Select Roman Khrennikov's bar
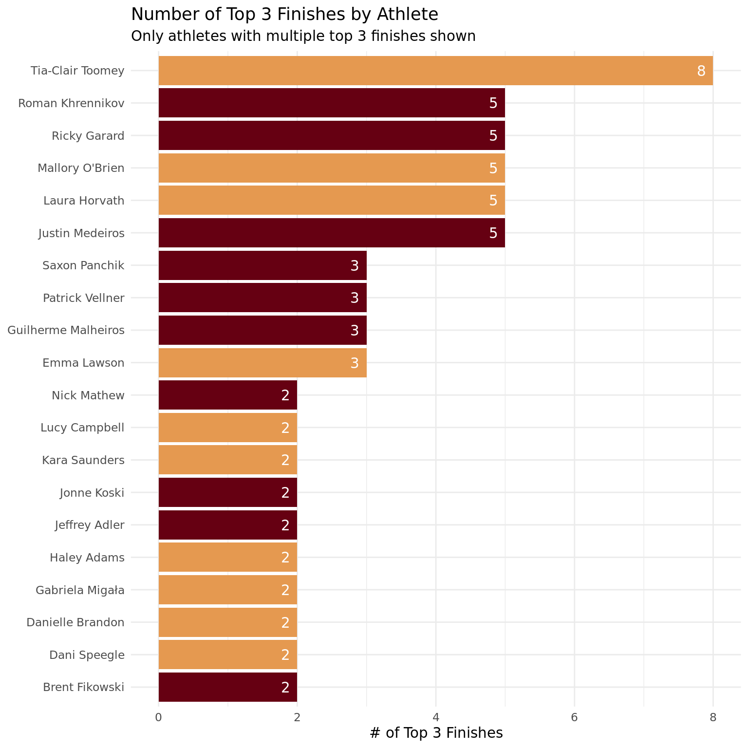332,103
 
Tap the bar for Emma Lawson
262,363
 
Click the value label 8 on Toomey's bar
701,71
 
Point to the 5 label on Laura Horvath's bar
493,201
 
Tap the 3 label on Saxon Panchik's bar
355,265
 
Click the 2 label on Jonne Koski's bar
285,493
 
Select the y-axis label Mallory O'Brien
81,168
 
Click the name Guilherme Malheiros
66,330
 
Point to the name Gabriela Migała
80,590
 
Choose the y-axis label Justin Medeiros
81,233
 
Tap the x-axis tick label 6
574,717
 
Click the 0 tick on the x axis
158,717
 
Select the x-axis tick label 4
436,717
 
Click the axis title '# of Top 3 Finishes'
436,733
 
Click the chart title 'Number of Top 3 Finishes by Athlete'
284,14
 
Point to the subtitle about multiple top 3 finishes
303,36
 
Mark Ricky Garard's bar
332,135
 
